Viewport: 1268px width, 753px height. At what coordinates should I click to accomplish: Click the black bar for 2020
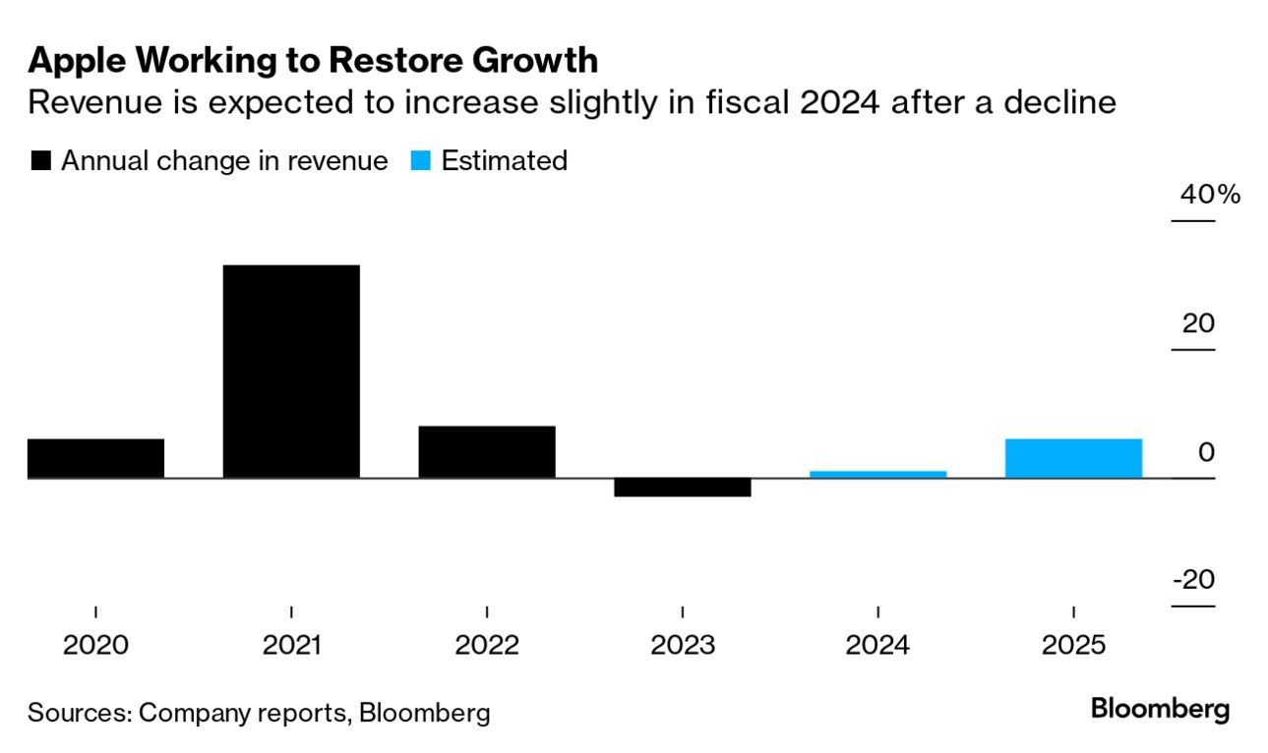(x=95, y=458)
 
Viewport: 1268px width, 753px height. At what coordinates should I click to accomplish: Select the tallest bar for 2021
(x=291, y=372)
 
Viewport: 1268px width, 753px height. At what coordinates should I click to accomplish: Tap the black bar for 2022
(x=487, y=452)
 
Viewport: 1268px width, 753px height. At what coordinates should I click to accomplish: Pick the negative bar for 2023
(x=682, y=488)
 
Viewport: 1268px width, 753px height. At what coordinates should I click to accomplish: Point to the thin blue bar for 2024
(x=877, y=475)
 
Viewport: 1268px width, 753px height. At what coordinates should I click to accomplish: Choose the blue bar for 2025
(x=1073, y=458)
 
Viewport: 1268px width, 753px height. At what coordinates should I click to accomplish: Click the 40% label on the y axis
(x=1210, y=195)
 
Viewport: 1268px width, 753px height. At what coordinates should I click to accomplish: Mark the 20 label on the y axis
(x=1198, y=323)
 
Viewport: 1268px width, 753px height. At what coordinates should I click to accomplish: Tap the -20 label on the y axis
(x=1193, y=580)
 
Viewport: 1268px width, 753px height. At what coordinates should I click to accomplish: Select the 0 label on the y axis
(x=1206, y=452)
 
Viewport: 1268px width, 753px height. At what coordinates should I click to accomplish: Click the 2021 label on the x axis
(x=291, y=646)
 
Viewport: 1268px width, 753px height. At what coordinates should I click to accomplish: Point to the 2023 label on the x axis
(x=682, y=646)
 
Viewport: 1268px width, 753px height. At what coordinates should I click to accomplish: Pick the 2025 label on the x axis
(x=1073, y=646)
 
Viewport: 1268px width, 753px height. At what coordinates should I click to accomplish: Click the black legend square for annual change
(x=40, y=162)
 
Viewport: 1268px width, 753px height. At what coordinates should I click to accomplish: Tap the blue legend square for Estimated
(x=420, y=162)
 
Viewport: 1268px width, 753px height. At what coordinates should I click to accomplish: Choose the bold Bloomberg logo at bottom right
(x=1160, y=709)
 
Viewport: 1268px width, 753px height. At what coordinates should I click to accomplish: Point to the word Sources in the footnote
(x=79, y=713)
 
